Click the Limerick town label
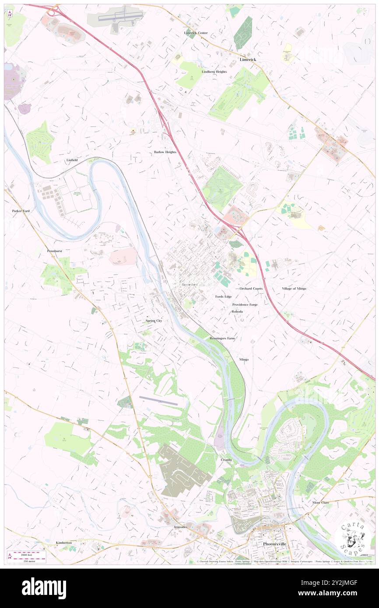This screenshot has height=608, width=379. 248,59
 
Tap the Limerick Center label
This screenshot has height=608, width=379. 196,33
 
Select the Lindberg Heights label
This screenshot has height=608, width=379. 214,71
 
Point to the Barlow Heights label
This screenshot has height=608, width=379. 165,152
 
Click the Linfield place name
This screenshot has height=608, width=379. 72,161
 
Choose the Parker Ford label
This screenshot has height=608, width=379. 21,211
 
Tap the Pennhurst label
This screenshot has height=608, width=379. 55,252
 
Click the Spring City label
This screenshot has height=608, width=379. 154,321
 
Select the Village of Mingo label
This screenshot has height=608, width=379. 294,289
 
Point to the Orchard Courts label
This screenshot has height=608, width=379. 251,289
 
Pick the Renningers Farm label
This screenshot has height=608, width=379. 222,339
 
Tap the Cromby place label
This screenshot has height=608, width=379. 226,460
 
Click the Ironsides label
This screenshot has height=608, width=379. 179,527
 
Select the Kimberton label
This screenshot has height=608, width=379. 63,542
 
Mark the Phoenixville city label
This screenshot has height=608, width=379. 275,544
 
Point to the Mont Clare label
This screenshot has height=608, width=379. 320,503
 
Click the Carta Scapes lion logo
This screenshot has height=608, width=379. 353,538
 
